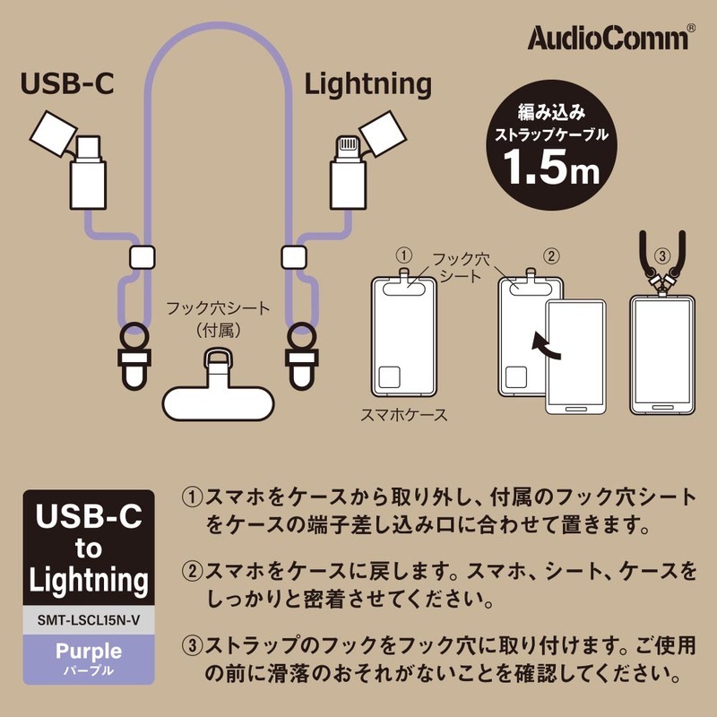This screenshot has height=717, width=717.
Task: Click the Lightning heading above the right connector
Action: [x=367, y=84]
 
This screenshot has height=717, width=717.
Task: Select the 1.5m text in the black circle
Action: [x=549, y=168]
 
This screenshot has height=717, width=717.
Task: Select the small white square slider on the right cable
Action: [x=291, y=257]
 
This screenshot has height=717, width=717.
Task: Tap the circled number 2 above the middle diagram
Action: [x=552, y=255]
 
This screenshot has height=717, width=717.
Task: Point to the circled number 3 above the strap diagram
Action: [x=662, y=255]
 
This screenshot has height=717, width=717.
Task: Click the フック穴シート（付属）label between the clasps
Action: [x=218, y=319]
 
